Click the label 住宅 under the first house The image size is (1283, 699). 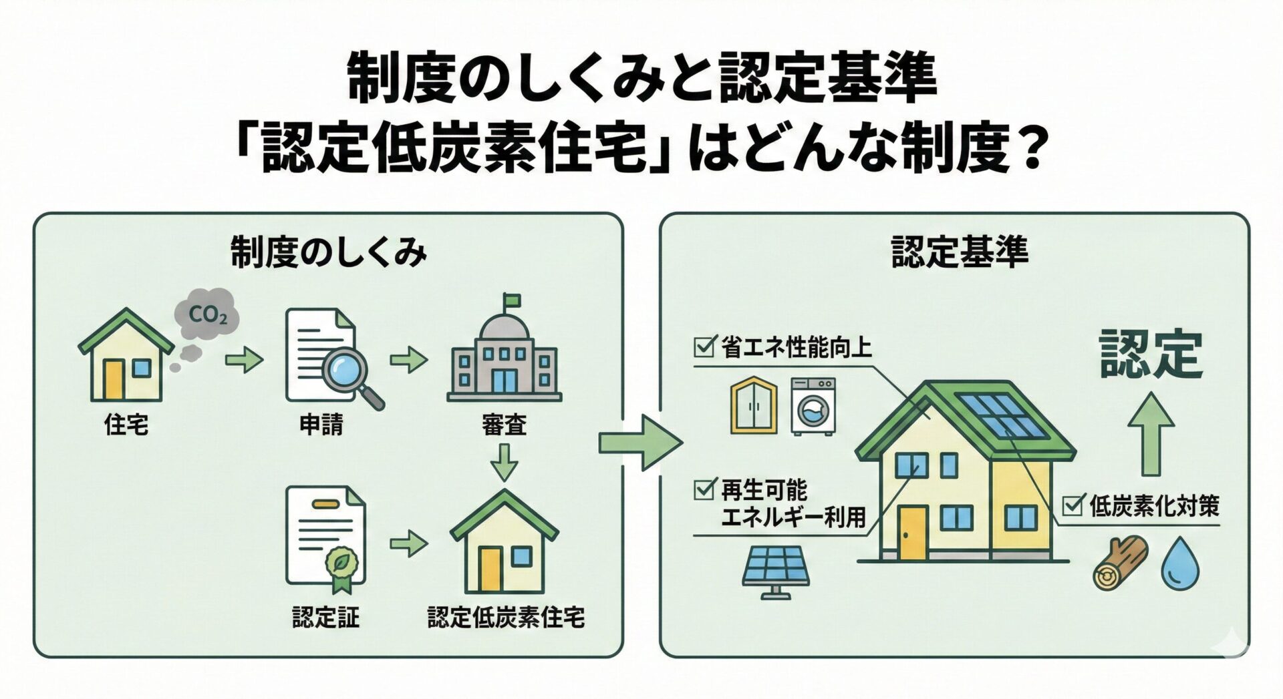click(126, 424)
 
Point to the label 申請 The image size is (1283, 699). click(321, 424)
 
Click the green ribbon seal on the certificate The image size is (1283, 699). click(341, 567)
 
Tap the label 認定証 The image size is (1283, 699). click(325, 616)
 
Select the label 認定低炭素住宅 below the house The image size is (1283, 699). click(506, 616)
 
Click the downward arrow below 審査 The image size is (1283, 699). click(504, 461)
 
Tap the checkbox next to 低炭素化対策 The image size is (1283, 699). click(1073, 505)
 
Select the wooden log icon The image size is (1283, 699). click(1119, 562)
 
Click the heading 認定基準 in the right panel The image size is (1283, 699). click(960, 253)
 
